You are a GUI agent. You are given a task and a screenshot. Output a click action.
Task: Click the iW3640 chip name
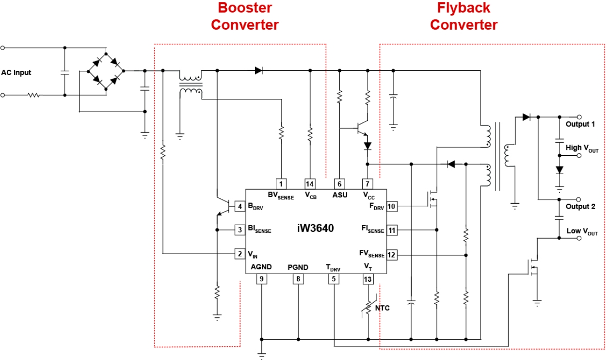click(315, 228)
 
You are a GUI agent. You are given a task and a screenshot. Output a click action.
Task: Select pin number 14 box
click(310, 184)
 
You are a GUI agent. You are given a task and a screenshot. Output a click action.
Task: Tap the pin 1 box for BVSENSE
click(281, 184)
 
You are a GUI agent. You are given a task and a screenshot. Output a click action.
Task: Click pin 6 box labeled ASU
click(339, 184)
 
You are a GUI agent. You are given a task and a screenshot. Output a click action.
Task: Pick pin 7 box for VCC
click(368, 184)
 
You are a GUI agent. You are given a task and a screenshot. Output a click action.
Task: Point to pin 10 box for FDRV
click(392, 207)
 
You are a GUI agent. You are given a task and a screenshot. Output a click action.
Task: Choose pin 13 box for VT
click(369, 279)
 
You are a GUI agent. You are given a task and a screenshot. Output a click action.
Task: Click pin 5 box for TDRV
click(333, 279)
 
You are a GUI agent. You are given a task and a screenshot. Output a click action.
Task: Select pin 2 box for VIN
click(239, 253)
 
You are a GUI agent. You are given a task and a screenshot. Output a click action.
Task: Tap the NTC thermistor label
click(382, 308)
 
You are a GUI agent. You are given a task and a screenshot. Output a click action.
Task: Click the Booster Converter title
click(245, 16)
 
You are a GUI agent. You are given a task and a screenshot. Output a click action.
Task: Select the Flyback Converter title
click(464, 16)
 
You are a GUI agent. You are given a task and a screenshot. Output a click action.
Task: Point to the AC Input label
click(16, 73)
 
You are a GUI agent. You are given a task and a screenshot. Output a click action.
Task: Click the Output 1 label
click(580, 124)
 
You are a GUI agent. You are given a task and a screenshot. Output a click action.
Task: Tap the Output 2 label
click(580, 206)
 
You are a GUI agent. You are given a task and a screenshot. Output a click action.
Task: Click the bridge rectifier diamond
click(106, 71)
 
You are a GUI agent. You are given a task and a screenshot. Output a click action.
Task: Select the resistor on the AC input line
click(34, 95)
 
